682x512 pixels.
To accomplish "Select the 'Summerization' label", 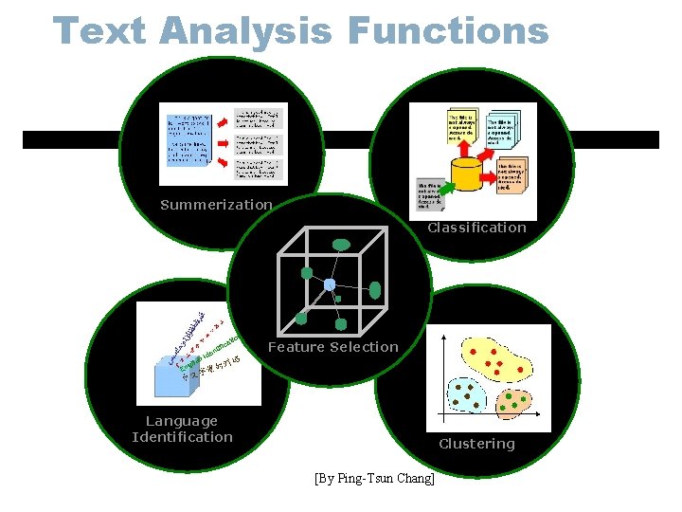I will pos(216,205).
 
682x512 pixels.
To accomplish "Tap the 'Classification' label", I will pos(476,228).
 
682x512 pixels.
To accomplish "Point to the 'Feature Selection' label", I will pos(332,347).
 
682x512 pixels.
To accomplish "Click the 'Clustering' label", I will pos(476,444).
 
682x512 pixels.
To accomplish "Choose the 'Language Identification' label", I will pos(183,429).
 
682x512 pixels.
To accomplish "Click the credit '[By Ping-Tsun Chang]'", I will pos(374,479).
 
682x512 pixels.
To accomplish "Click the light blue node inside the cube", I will pos(330,284).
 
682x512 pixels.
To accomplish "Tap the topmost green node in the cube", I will pos(341,245).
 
